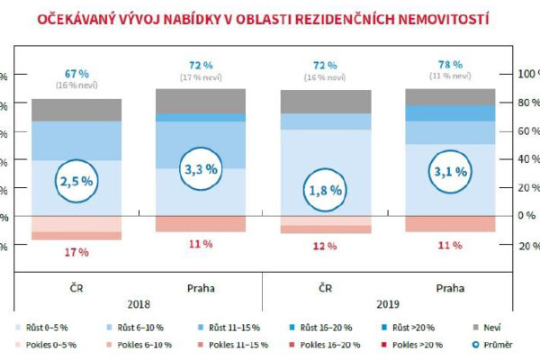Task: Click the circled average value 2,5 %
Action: (x=76, y=182)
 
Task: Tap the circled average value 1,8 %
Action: (x=326, y=191)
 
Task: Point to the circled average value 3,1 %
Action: (x=451, y=171)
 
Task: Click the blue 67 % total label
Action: (x=76, y=72)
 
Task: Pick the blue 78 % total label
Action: (x=451, y=65)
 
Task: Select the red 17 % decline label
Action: (x=76, y=252)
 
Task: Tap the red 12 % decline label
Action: (x=326, y=246)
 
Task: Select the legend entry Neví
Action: (x=487, y=328)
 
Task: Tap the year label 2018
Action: (x=139, y=305)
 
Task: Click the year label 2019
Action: (x=388, y=305)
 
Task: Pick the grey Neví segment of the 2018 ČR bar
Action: (x=76, y=110)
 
